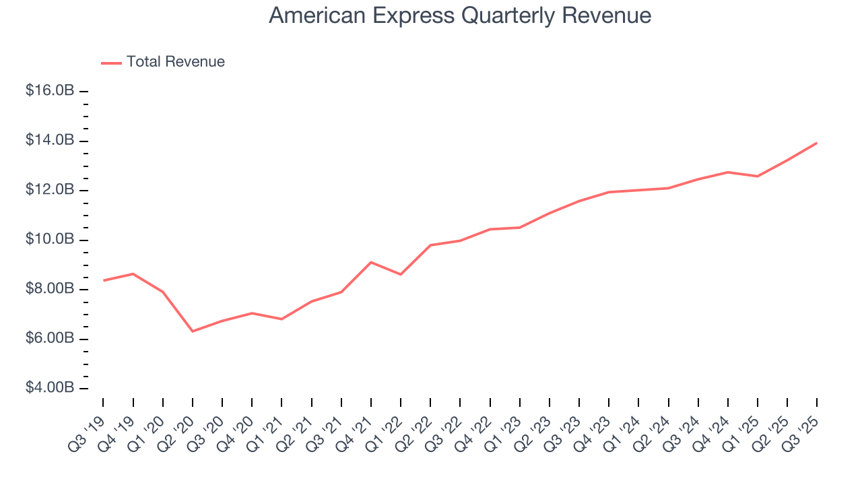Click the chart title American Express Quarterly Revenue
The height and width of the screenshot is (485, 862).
pos(460,15)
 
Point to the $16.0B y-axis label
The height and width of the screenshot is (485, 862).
pos(50,90)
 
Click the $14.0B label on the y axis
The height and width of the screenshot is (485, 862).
pos(50,140)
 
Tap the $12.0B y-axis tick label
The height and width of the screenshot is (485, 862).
pos(50,190)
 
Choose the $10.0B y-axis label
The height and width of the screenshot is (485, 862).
pos(50,240)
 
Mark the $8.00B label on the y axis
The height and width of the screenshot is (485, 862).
pos(50,289)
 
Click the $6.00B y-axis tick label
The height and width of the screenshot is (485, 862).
pos(50,339)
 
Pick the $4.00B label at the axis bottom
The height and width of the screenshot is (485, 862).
pos(50,389)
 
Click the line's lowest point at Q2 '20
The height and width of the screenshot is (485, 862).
pos(193,331)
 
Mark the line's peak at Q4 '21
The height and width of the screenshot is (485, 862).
pos(371,262)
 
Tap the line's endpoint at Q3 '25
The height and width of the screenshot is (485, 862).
pos(817,143)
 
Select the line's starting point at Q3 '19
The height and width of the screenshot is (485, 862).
pos(103,280)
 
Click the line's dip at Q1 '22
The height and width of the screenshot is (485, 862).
pos(401,274)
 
